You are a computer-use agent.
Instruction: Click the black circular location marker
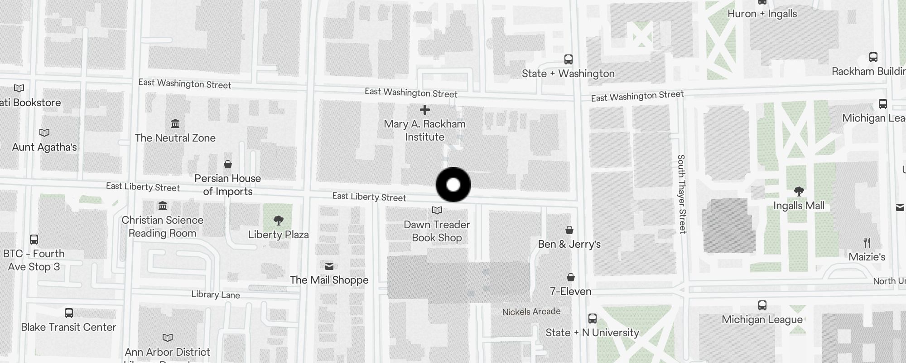(x=453, y=185)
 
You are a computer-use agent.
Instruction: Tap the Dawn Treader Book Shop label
(x=437, y=231)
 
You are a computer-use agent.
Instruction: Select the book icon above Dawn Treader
(x=437, y=210)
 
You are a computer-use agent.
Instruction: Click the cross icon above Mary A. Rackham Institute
(x=424, y=110)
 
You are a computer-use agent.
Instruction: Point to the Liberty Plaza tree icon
(x=279, y=221)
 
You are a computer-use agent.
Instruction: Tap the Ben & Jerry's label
(x=569, y=244)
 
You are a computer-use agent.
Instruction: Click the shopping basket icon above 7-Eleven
(x=571, y=277)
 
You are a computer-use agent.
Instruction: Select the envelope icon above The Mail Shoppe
(x=329, y=266)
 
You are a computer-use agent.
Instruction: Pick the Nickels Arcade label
(x=531, y=312)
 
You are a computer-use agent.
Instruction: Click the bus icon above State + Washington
(x=568, y=59)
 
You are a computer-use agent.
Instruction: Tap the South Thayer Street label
(x=682, y=194)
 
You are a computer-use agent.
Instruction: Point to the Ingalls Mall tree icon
(x=799, y=191)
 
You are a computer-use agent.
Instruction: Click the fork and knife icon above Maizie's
(x=867, y=243)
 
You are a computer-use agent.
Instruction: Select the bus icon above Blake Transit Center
(x=69, y=313)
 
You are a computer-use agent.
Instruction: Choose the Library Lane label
(x=215, y=295)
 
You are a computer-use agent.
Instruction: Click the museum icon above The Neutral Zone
(x=175, y=123)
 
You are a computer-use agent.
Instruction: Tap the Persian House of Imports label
(x=227, y=185)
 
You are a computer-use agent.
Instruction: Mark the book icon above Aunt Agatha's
(x=44, y=132)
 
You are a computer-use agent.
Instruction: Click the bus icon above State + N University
(x=592, y=319)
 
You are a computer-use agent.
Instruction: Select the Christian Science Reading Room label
(x=162, y=226)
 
